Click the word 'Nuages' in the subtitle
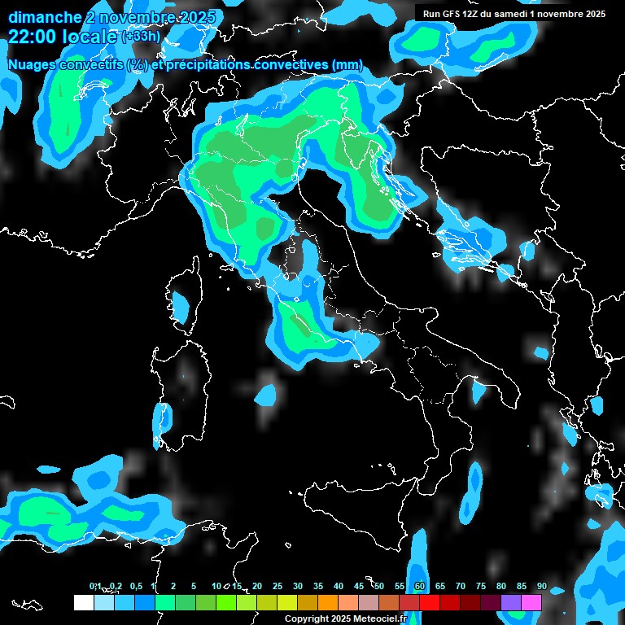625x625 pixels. pyautogui.click(x=33, y=65)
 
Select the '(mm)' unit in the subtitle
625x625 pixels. pyautogui.click(x=347, y=65)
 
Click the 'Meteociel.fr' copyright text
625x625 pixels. pyautogui.click(x=374, y=618)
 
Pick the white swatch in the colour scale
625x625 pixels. pyautogui.click(x=83, y=602)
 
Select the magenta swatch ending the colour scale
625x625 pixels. pyautogui.click(x=531, y=602)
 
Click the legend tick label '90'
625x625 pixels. pyautogui.click(x=541, y=586)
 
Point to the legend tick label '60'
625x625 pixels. pyautogui.click(x=420, y=586)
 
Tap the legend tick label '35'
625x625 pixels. pyautogui.click(x=318, y=586)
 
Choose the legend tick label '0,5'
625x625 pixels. pyautogui.click(x=135, y=586)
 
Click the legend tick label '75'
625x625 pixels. pyautogui.click(x=481, y=586)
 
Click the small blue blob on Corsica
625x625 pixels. pyautogui.click(x=180, y=307)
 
